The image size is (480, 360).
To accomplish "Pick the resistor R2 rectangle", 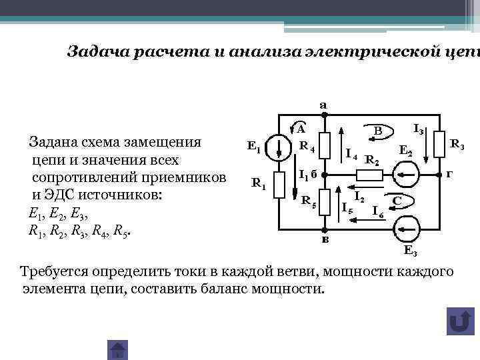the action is [368, 175].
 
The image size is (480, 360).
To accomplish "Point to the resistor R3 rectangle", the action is [439, 143].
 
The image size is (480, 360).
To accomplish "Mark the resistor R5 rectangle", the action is [324, 203].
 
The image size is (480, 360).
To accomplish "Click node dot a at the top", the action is [324, 115].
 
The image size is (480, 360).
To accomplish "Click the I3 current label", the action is [420, 128].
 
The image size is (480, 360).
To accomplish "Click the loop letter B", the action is [377, 131].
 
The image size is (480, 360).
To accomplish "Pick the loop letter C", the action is [397, 200].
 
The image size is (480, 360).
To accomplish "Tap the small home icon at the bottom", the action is [117, 350].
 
